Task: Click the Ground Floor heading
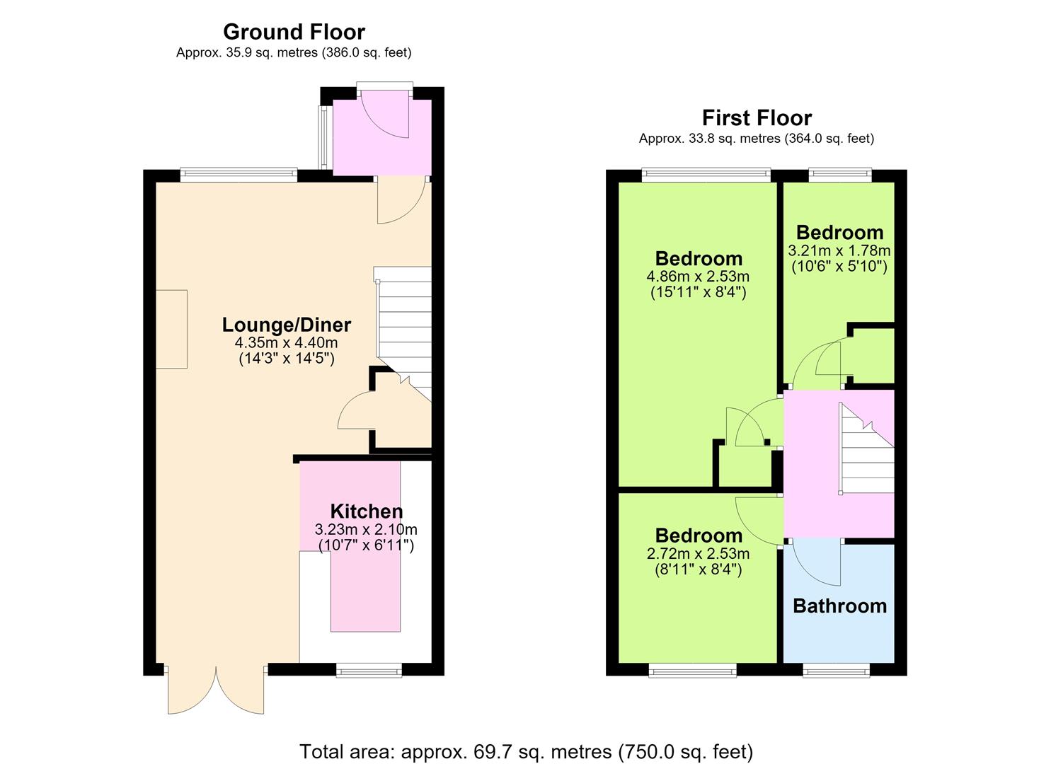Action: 294,33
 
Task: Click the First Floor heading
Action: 757,117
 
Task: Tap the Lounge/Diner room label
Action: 286,325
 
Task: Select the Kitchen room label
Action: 366,511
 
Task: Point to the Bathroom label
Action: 839,606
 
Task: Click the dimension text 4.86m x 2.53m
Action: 698,276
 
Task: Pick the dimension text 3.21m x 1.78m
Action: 839,250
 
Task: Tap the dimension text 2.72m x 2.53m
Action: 698,553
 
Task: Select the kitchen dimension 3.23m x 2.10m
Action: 365,529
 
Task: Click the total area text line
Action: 526,738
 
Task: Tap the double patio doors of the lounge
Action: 216,688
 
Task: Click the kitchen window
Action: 369,671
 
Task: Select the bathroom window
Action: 836,671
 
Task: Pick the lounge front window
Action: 239,175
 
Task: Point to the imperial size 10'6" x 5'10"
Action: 839,267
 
